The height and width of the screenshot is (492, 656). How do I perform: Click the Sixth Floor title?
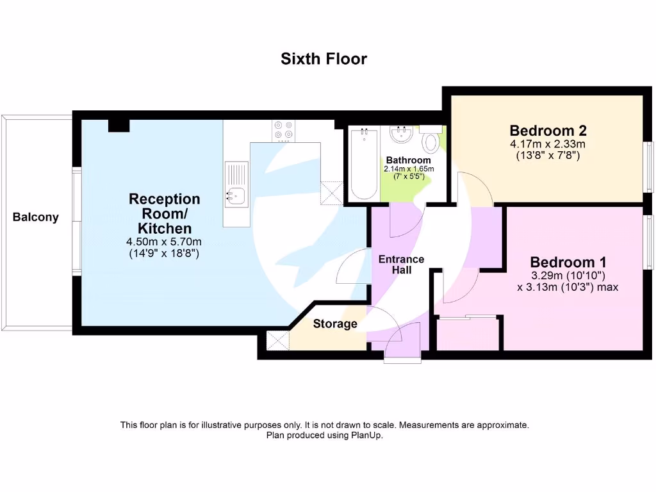pyautogui.click(x=324, y=59)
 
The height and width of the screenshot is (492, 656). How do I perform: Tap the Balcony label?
pyautogui.click(x=35, y=217)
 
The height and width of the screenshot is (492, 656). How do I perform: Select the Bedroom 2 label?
pyautogui.click(x=548, y=131)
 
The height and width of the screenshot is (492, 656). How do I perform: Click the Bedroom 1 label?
pyautogui.click(x=568, y=262)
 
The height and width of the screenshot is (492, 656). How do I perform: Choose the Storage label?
pyautogui.click(x=334, y=324)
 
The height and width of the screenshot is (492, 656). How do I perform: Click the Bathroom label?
pyautogui.click(x=408, y=160)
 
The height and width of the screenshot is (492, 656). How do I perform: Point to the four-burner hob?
pyautogui.click(x=283, y=130)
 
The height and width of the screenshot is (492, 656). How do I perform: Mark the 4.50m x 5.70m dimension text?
pyautogui.click(x=165, y=242)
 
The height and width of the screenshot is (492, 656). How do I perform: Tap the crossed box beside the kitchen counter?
pyautogui.click(x=332, y=192)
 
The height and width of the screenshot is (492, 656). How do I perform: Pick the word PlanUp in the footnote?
pyautogui.click(x=368, y=435)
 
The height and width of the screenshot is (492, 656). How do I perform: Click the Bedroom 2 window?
pyautogui.click(x=648, y=167)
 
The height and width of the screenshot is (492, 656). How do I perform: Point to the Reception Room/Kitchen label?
pyautogui.click(x=165, y=213)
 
